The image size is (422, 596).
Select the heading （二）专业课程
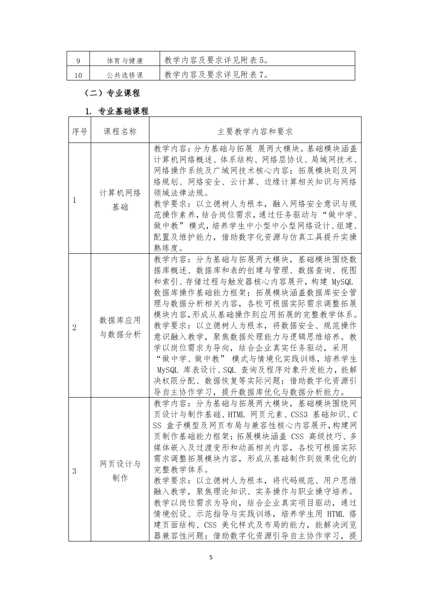point(112,93)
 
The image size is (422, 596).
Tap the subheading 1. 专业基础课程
point(117,111)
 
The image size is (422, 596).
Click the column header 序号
point(79,132)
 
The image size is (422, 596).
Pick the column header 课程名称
point(120,132)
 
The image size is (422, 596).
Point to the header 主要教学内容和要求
point(255,132)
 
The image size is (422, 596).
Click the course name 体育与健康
point(125,61)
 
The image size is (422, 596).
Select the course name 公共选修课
point(125,75)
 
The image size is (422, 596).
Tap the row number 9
point(78,61)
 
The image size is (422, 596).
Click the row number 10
point(78,75)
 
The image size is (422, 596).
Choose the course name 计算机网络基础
point(120,200)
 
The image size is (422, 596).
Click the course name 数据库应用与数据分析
point(120,327)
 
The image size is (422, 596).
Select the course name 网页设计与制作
point(120,471)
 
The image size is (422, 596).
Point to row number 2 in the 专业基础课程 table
point(74,327)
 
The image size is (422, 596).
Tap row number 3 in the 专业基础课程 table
point(74,471)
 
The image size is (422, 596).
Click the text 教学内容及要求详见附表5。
point(216,60)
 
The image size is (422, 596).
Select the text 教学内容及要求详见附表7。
point(216,75)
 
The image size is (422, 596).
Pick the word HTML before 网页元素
point(236,414)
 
